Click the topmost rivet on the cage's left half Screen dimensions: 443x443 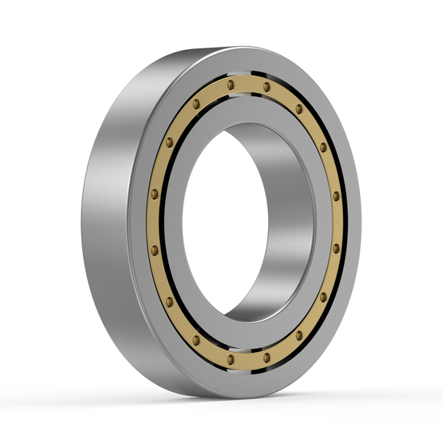pos(230,83)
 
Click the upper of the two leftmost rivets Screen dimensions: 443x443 pos(154,193)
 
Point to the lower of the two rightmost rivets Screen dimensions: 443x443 pos(336,248)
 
